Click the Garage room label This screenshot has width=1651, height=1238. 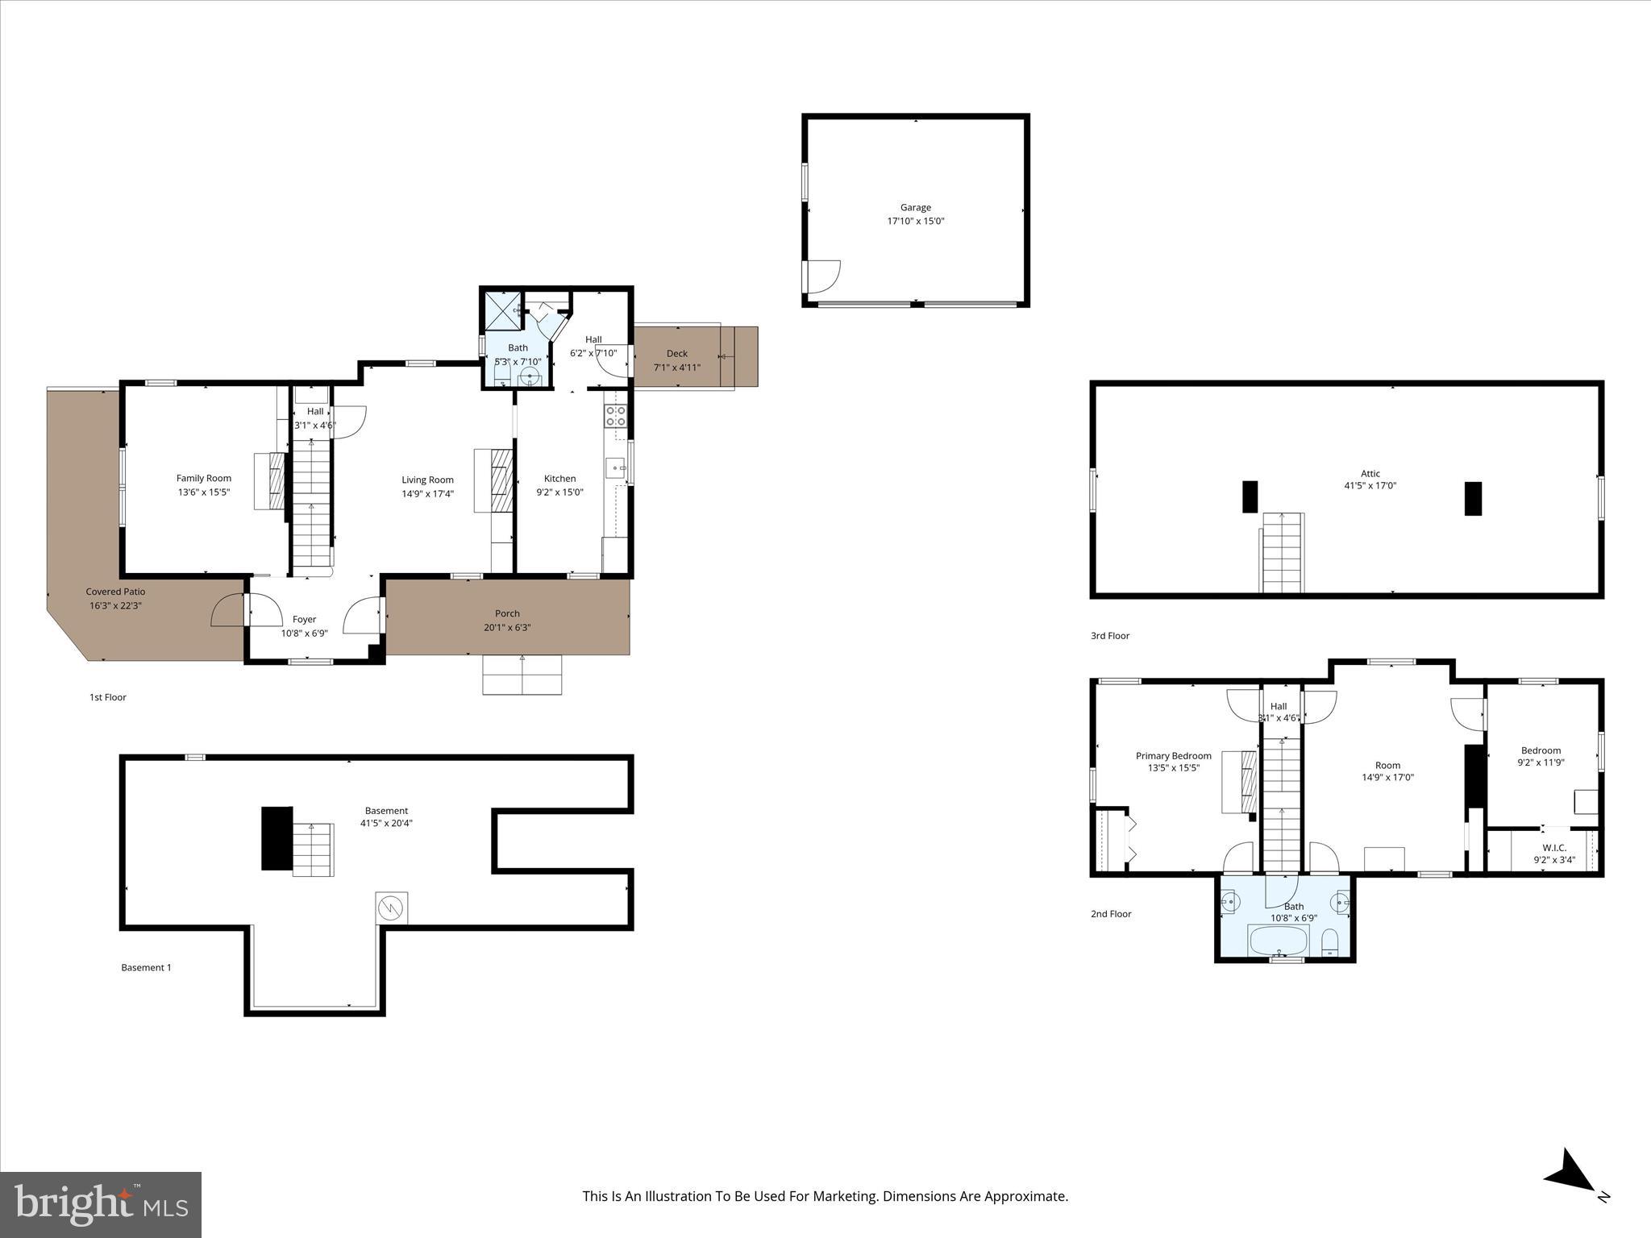click(x=915, y=207)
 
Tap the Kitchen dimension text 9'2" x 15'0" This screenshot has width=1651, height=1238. click(x=559, y=492)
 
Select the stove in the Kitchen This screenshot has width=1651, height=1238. click(x=615, y=416)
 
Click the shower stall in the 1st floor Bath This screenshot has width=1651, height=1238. click(x=501, y=312)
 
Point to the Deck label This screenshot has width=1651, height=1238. click(x=676, y=353)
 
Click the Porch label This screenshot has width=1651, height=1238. click(x=507, y=613)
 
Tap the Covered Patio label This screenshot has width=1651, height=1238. click(x=115, y=592)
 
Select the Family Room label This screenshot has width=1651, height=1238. click(x=204, y=478)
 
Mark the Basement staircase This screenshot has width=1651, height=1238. click(x=313, y=850)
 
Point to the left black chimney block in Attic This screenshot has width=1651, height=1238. click(x=1250, y=496)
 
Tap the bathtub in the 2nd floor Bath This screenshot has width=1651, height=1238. click(x=1279, y=940)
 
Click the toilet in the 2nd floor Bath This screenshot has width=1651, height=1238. click(x=1330, y=941)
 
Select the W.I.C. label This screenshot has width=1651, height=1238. click(x=1553, y=847)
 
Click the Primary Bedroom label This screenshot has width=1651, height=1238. click(x=1173, y=755)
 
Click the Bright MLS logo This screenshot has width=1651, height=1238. click(x=101, y=1204)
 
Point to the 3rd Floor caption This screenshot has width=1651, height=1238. click(x=1110, y=635)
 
